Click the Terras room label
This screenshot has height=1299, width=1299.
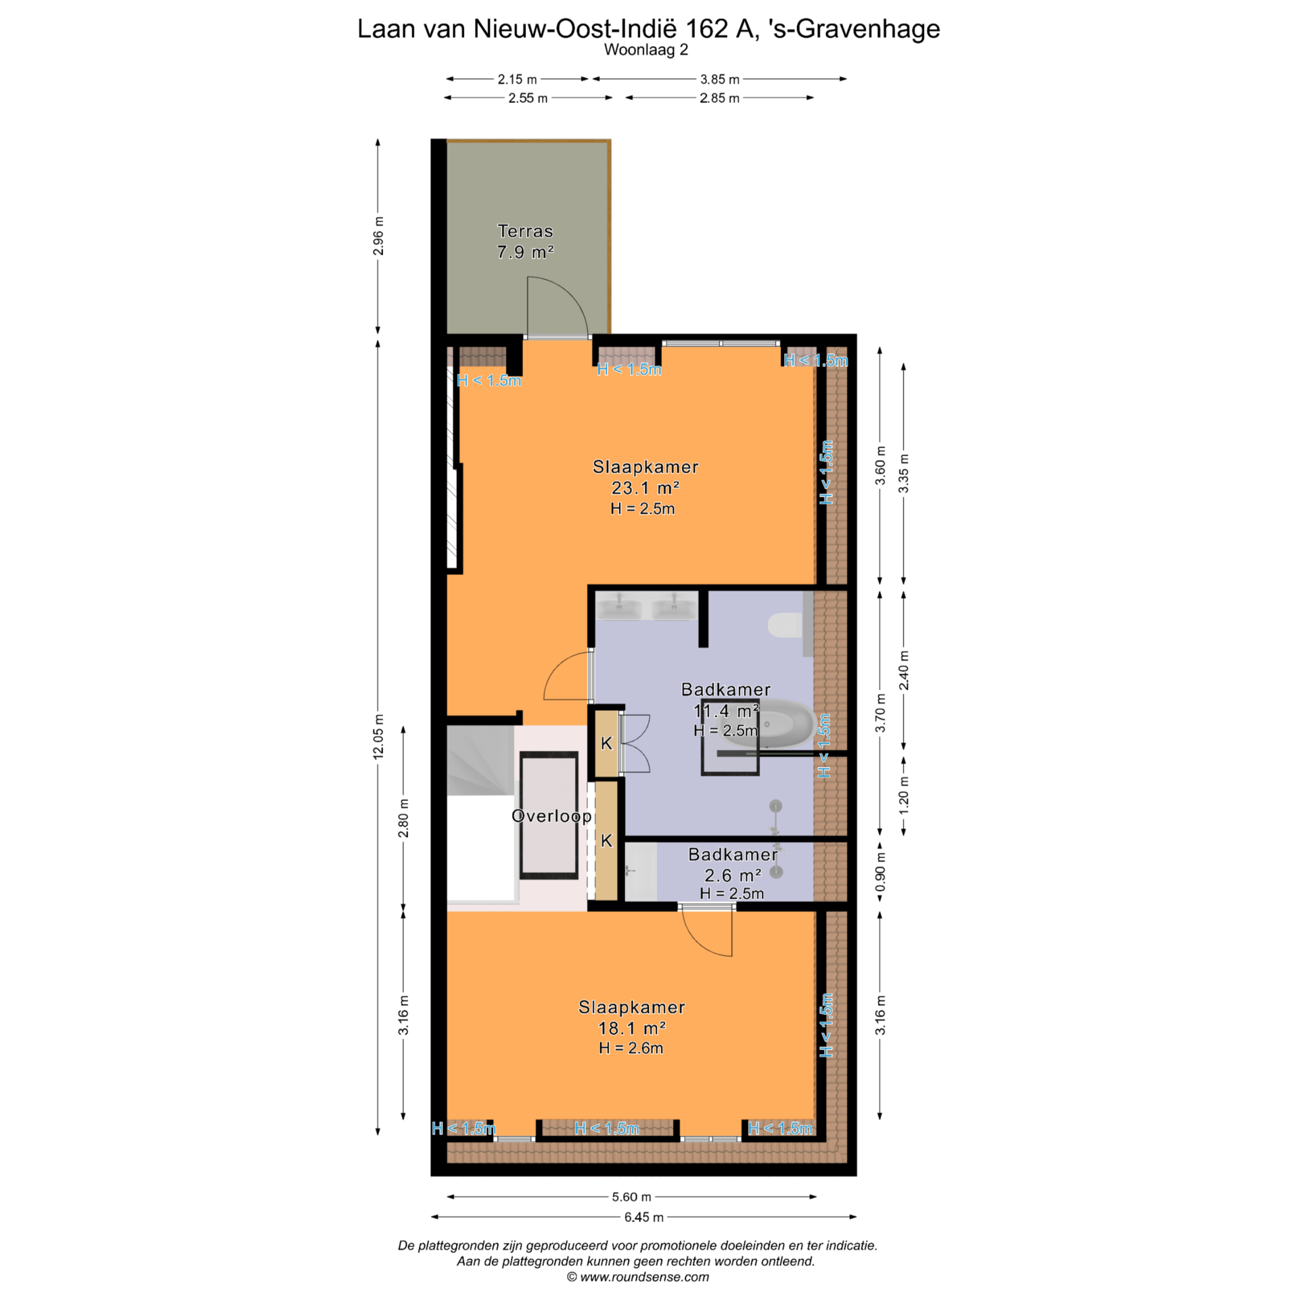pyautogui.click(x=525, y=231)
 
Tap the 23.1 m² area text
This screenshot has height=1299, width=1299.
pyautogui.click(x=645, y=488)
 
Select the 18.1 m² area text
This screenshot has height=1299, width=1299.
pyautogui.click(x=632, y=1028)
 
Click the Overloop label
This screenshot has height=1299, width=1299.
pyautogui.click(x=551, y=816)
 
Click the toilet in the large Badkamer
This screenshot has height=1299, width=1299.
pyautogui.click(x=785, y=625)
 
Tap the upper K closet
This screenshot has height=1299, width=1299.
pyautogui.click(x=607, y=743)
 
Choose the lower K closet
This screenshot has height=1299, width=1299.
pyautogui.click(x=607, y=840)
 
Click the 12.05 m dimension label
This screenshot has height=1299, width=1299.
pyautogui.click(x=378, y=736)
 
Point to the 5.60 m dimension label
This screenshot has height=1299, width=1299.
pyautogui.click(x=631, y=1197)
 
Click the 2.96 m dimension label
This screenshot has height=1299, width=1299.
pyautogui.click(x=378, y=236)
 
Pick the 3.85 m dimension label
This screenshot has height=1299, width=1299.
pyautogui.click(x=719, y=79)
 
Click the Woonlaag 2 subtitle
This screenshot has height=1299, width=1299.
pyautogui.click(x=646, y=49)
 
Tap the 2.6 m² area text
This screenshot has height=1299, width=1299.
pyautogui.click(x=733, y=875)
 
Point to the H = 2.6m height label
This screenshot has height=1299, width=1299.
pyautogui.click(x=631, y=1048)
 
